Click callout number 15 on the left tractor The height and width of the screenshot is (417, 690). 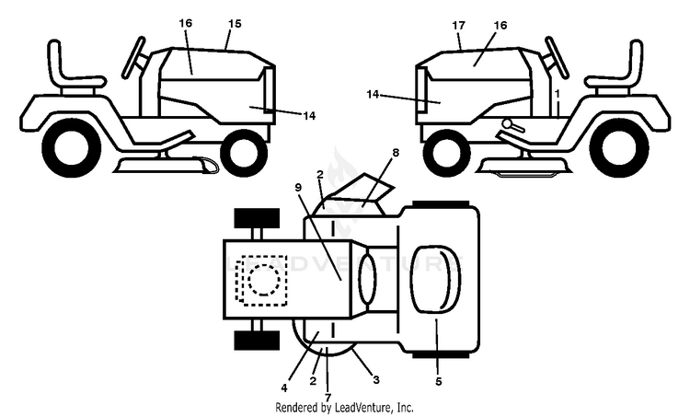(235, 23)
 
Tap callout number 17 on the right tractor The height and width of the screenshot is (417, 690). (458, 26)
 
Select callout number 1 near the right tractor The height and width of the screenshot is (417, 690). (558, 94)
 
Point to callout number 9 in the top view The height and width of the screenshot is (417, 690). (298, 187)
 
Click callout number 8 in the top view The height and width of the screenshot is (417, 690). (396, 153)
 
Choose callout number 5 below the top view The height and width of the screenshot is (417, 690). (438, 381)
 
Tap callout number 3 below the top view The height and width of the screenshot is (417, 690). (375, 379)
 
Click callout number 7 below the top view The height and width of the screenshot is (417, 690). (328, 398)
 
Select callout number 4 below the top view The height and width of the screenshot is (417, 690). (284, 388)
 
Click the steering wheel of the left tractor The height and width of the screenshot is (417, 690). (133, 58)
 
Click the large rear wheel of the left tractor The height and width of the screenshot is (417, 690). (71, 147)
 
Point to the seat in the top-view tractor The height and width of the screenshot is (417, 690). (435, 280)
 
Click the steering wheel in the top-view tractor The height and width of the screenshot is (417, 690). (368, 281)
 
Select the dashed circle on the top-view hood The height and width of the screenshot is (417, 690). (264, 280)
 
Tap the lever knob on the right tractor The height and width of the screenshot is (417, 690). (508, 122)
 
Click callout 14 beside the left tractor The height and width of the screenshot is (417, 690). (309, 116)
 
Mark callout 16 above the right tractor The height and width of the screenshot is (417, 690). (500, 26)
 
